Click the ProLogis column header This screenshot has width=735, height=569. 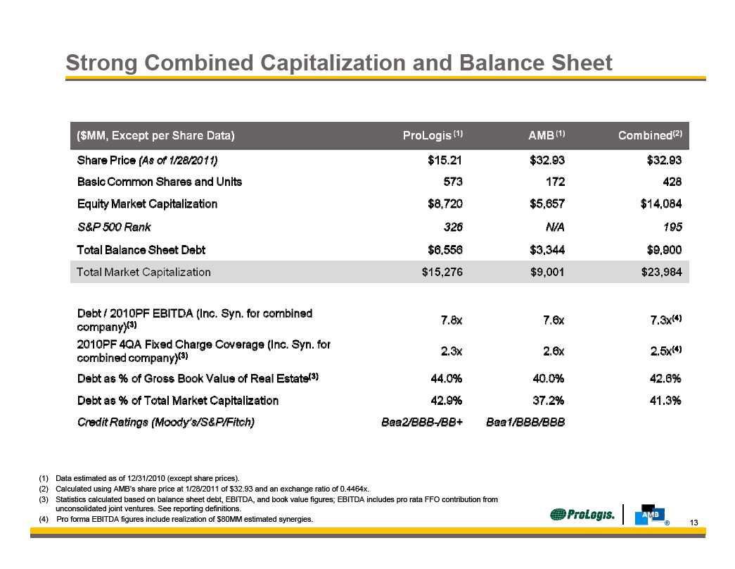tap(433, 135)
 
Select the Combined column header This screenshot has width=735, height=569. tap(650, 135)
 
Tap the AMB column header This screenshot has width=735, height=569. tap(547, 135)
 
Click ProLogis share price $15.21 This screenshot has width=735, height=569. tap(445, 161)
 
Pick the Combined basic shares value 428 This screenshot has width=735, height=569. tap(672, 182)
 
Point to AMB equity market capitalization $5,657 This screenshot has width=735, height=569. tap(547, 204)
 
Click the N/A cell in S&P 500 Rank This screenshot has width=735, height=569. tap(555, 227)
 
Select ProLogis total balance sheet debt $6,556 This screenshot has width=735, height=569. tap(445, 250)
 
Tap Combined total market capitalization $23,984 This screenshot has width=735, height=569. tap(661, 273)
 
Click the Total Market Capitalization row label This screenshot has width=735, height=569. tap(143, 273)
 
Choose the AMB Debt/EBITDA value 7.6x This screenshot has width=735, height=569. tap(554, 320)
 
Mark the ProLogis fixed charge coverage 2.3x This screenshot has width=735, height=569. tap(452, 351)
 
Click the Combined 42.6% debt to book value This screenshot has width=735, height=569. tap(665, 378)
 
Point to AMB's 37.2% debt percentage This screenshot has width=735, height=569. tap(549, 401)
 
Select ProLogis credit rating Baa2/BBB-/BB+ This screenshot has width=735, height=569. tap(422, 422)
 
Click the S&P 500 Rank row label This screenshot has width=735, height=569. tap(114, 227)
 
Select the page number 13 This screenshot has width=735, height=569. tap(694, 523)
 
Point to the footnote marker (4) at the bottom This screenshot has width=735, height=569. tap(44, 519)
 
